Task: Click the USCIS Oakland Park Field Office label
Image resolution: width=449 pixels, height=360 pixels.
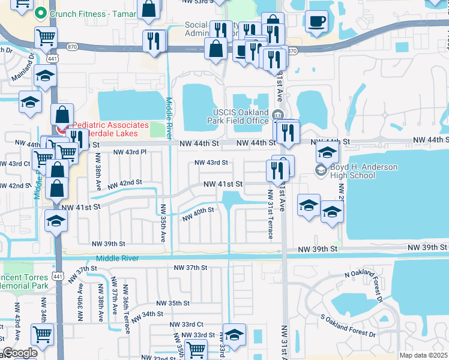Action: point(240,116)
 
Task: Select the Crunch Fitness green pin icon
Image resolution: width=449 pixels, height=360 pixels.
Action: point(41,13)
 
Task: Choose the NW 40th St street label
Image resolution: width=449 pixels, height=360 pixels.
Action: point(198,213)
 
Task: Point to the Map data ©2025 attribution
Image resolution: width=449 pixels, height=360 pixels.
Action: point(423,355)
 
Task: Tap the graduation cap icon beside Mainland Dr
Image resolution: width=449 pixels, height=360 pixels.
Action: point(45,76)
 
